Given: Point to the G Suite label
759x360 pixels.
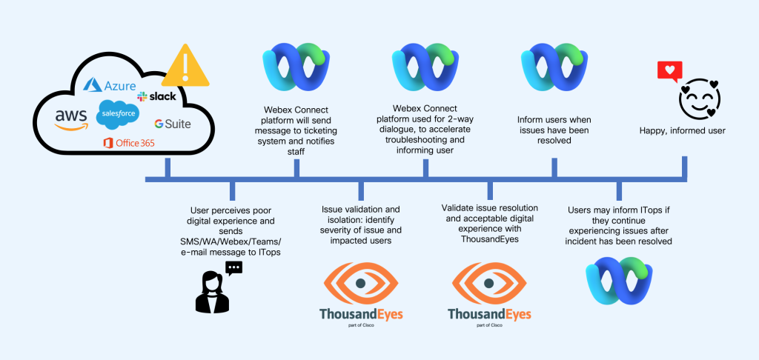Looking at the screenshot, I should click(x=172, y=124).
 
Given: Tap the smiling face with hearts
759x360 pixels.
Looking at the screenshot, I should click(x=700, y=99).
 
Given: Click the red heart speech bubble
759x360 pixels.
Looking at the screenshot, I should click(x=670, y=72).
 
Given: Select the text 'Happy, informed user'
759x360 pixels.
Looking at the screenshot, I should click(x=683, y=131).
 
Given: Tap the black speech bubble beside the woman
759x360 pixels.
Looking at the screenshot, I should click(x=233, y=268).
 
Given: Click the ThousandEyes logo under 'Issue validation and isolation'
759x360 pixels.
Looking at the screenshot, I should click(x=361, y=294).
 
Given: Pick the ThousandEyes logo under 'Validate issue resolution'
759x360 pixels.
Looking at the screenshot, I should click(x=489, y=294).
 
